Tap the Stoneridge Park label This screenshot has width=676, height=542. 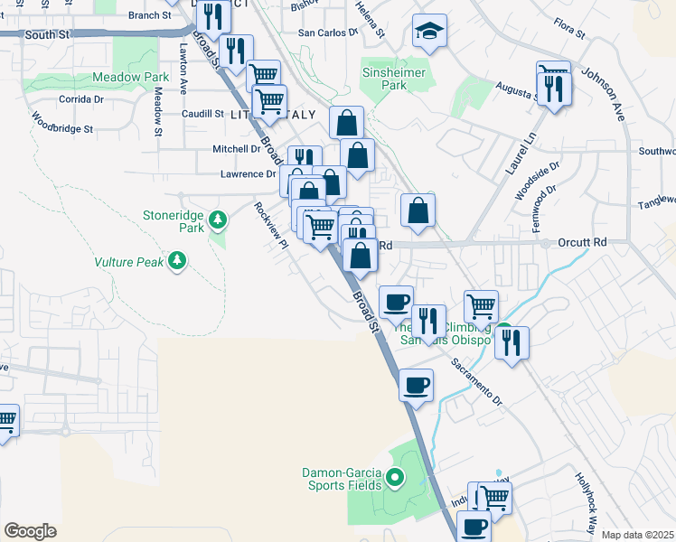[174, 221]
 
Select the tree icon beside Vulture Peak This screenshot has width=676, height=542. [177, 262]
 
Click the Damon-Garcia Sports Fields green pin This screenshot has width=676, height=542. [394, 477]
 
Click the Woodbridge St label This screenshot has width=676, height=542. [62, 123]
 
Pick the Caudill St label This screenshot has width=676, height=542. [202, 114]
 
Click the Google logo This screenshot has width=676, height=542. [30, 530]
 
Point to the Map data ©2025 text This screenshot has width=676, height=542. [637, 535]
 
